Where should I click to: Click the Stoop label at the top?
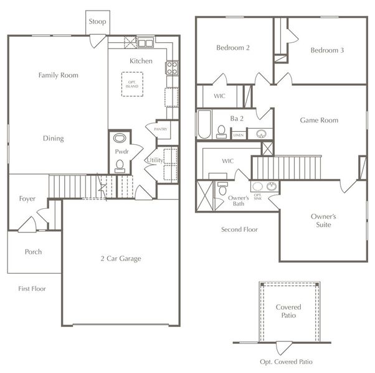click(97, 22)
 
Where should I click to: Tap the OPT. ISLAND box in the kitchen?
click(131, 84)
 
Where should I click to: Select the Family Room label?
click(58, 75)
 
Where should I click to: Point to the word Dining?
click(53, 139)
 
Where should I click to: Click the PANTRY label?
click(153, 128)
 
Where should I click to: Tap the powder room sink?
click(120, 138)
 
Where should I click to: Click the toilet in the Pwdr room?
click(120, 165)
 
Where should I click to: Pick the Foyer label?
click(27, 200)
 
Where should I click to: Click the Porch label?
click(33, 252)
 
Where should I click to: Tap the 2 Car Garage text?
click(121, 259)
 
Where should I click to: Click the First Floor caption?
click(32, 288)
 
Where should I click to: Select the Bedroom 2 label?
click(233, 48)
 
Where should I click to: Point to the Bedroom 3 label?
click(327, 50)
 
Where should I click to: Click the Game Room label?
click(319, 120)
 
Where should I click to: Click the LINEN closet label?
click(238, 134)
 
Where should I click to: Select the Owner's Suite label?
click(323, 221)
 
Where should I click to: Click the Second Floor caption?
click(239, 229)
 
